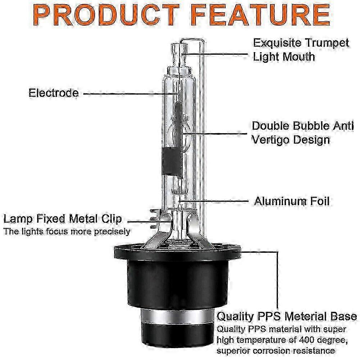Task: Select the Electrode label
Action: point(54,93)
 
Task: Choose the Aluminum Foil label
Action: point(292,201)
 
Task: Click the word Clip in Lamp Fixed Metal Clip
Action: point(112,219)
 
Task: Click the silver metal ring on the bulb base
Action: point(177,316)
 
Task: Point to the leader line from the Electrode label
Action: point(131,94)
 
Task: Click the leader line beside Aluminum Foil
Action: point(214,201)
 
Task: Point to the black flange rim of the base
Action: point(177,251)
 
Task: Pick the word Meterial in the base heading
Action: point(305,316)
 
